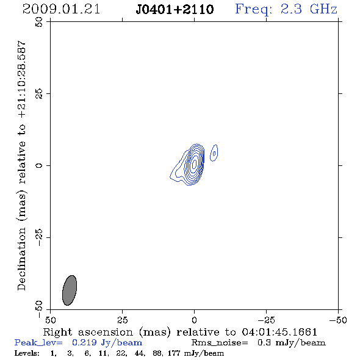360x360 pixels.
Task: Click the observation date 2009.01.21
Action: pyautogui.click(x=61, y=9)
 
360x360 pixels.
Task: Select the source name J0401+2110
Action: pyautogui.click(x=175, y=10)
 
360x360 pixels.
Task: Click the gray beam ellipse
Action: pyautogui.click(x=70, y=290)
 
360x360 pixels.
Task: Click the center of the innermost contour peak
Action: pyautogui.click(x=194, y=164)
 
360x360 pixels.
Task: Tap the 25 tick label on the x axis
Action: pyautogui.click(x=123, y=320)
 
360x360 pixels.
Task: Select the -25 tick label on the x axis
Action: pyautogui.click(x=266, y=320)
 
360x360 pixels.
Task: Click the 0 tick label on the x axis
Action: pyautogui.click(x=194, y=320)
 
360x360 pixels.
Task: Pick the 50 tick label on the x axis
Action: pyautogui.click(x=50, y=320)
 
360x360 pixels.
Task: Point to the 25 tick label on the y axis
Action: pyautogui.click(x=39, y=94)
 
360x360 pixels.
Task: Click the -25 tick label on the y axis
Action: pyautogui.click(x=39, y=237)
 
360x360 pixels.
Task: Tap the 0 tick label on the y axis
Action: pyautogui.click(x=39, y=165)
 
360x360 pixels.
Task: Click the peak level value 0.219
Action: pyautogui.click(x=84, y=342)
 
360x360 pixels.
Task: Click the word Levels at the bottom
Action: pyautogui.click(x=27, y=353)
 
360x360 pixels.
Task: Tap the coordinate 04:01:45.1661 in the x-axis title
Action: pyautogui.click(x=279, y=332)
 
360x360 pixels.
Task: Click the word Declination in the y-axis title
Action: pyautogui.click(x=21, y=259)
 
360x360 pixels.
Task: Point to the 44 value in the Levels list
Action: pyautogui.click(x=140, y=353)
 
